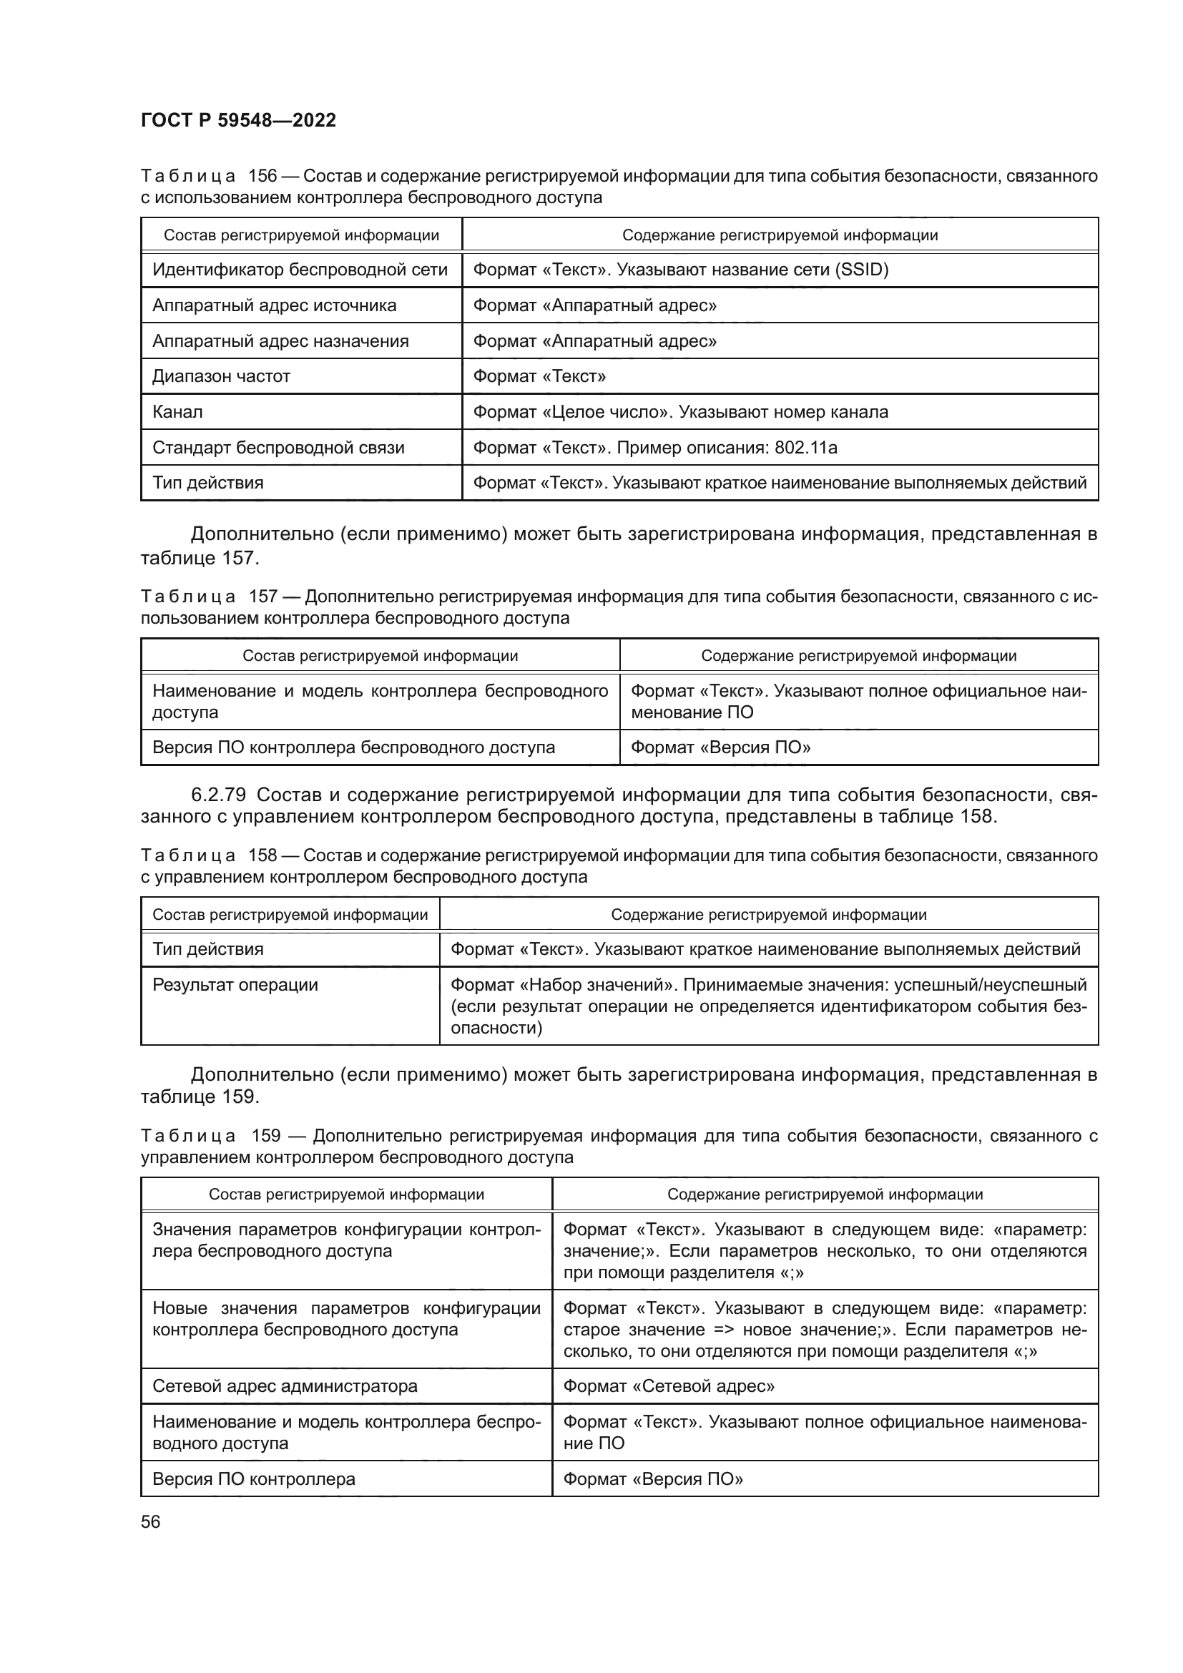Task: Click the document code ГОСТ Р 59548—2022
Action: (238, 120)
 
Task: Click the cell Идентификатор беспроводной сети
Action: (300, 270)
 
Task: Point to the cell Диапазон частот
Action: (222, 377)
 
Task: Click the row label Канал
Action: (178, 413)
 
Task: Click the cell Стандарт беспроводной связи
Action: (278, 447)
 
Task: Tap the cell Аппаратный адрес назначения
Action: (280, 341)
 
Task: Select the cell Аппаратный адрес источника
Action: (274, 305)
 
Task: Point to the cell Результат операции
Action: (235, 985)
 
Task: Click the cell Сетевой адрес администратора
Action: (285, 1386)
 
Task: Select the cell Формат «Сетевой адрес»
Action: (669, 1386)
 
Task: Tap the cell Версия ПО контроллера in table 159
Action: (253, 1479)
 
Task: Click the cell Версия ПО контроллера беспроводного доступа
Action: (353, 747)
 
